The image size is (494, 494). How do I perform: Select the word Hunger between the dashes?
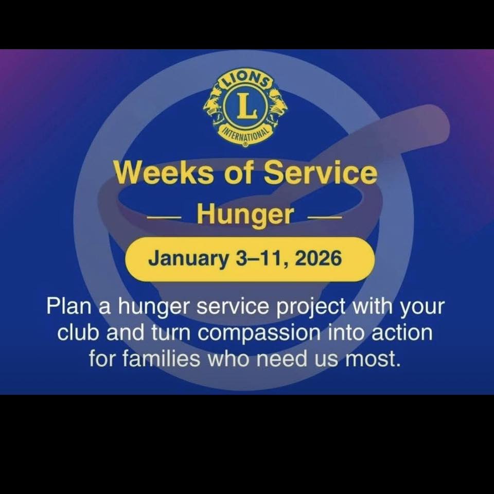(245, 216)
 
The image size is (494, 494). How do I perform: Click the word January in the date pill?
(188, 259)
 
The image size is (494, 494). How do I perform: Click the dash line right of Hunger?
(325, 217)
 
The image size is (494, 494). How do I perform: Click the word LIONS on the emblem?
(246, 79)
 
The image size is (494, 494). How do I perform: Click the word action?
(402, 333)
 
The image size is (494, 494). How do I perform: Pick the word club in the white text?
(79, 333)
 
